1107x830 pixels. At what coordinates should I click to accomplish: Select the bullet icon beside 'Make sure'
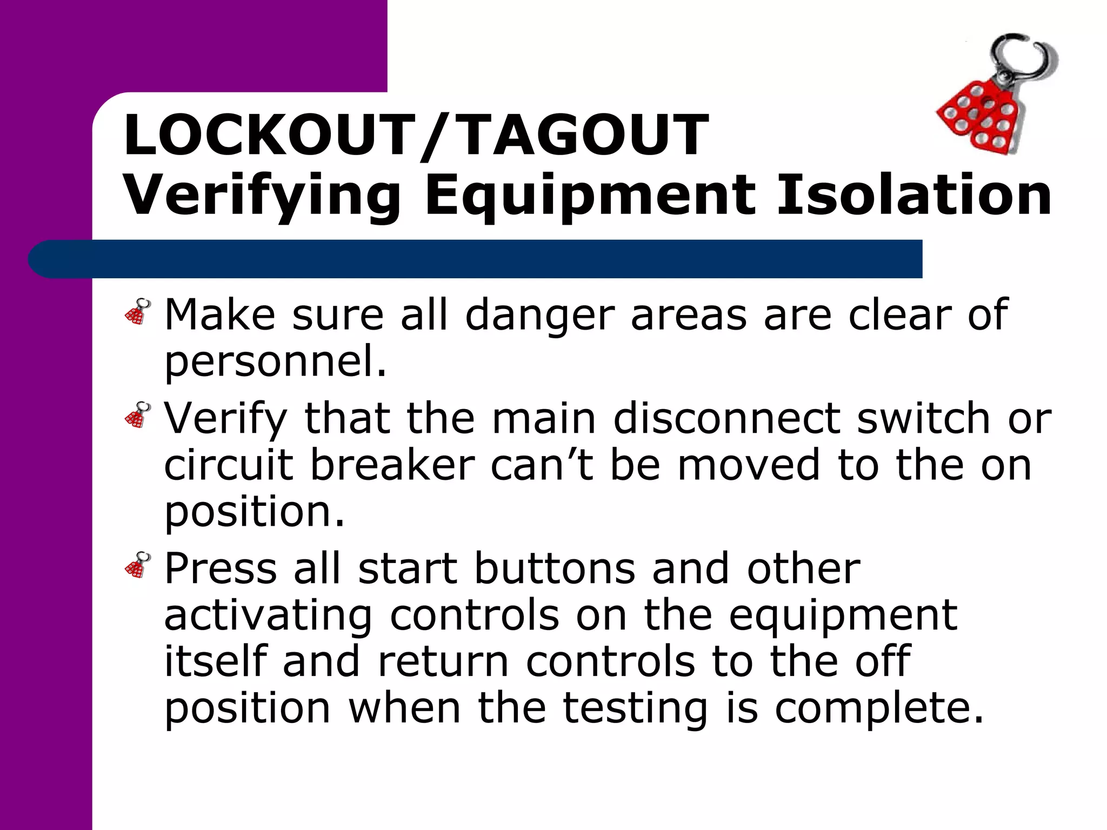pyautogui.click(x=138, y=312)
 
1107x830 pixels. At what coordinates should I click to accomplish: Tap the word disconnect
pyautogui.click(x=726, y=418)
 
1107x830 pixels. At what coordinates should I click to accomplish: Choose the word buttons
pyautogui.click(x=555, y=568)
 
